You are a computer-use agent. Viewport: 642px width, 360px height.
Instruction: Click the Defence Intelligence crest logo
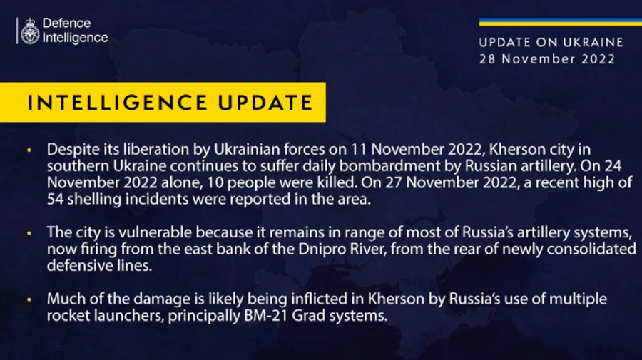30,31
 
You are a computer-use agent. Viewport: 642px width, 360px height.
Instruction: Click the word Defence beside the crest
66,24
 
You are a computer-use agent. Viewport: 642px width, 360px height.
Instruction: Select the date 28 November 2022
547,59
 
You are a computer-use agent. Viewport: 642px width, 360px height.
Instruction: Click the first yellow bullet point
29,151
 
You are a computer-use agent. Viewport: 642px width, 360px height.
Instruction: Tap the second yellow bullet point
29,233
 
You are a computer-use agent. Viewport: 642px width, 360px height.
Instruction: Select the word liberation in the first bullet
142,151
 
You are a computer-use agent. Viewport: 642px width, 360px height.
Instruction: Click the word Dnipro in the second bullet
382,250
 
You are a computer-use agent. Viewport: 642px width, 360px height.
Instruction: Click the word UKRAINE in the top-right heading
589,43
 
